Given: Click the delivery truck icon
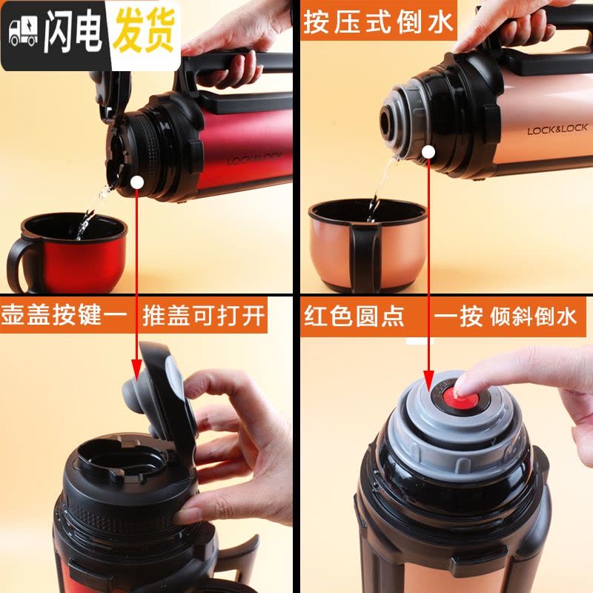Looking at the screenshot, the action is click(23, 33).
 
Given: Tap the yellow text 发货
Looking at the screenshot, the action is click(145, 30).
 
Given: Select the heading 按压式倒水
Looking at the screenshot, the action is click(378, 21).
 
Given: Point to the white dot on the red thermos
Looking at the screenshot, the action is click(137, 182).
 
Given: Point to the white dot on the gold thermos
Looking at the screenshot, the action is click(428, 153).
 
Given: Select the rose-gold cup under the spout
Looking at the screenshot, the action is click(368, 246).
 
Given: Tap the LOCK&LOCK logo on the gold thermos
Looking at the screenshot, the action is click(557, 129).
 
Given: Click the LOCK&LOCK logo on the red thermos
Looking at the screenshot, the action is click(254, 159).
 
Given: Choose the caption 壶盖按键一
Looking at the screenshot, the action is click(64, 315).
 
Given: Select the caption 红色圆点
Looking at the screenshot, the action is click(354, 317).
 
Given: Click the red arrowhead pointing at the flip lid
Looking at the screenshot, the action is click(136, 370).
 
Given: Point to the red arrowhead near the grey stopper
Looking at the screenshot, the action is click(428, 380).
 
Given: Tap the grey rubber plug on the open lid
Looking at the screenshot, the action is click(136, 392).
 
